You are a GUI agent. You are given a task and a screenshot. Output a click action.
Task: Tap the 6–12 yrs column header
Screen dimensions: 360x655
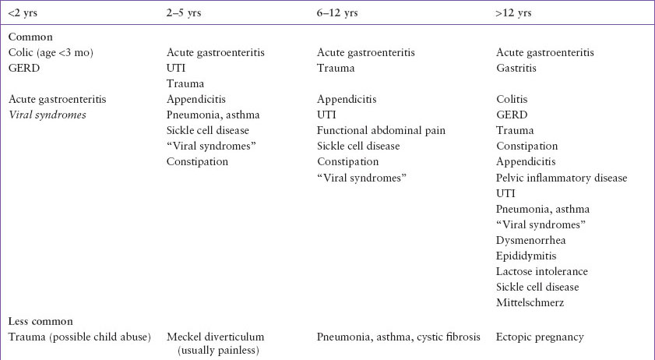coord(340,13)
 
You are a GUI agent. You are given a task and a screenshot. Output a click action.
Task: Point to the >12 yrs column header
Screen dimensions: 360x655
coord(515,13)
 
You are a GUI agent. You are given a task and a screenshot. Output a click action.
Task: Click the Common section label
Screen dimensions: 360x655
coord(30,37)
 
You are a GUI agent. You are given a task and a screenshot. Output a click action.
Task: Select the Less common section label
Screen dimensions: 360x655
coord(40,321)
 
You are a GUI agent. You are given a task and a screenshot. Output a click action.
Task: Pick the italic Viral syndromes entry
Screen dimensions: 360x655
coord(48,115)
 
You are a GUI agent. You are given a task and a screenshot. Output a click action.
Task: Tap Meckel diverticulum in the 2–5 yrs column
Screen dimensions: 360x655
coord(216,337)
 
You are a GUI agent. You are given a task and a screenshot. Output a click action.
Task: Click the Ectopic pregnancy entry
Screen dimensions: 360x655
coord(540,337)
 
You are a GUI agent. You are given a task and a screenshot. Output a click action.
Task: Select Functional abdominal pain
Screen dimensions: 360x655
coord(381,130)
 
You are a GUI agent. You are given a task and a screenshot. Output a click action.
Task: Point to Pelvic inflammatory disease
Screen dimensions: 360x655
coord(562,178)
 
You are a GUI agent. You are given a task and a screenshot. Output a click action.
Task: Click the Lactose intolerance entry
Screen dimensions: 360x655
coord(542,271)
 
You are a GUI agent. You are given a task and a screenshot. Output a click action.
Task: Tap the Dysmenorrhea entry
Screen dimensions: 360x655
coord(534,240)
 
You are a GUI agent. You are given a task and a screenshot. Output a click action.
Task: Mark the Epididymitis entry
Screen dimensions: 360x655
coord(530,256)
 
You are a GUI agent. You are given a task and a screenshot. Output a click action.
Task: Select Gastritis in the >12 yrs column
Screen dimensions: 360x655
coord(516,68)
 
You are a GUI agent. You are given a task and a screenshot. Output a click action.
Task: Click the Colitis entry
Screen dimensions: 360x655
coord(511,99)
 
